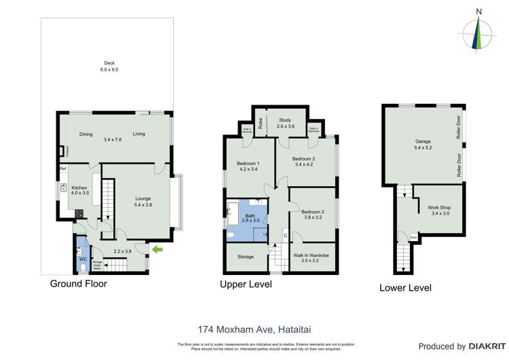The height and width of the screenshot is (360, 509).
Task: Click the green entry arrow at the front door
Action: (157, 250)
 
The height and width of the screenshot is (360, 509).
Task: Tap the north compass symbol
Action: (478, 31)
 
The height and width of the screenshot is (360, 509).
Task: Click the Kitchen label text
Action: (80, 188)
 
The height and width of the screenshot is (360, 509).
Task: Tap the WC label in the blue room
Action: (82, 259)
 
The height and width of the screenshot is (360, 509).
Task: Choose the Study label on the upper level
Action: (286, 122)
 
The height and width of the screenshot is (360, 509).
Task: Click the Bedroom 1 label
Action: (248, 166)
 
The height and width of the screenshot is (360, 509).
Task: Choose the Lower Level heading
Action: (405, 288)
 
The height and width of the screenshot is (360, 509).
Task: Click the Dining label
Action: (86, 134)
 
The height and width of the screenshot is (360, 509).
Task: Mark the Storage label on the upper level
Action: (245, 257)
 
